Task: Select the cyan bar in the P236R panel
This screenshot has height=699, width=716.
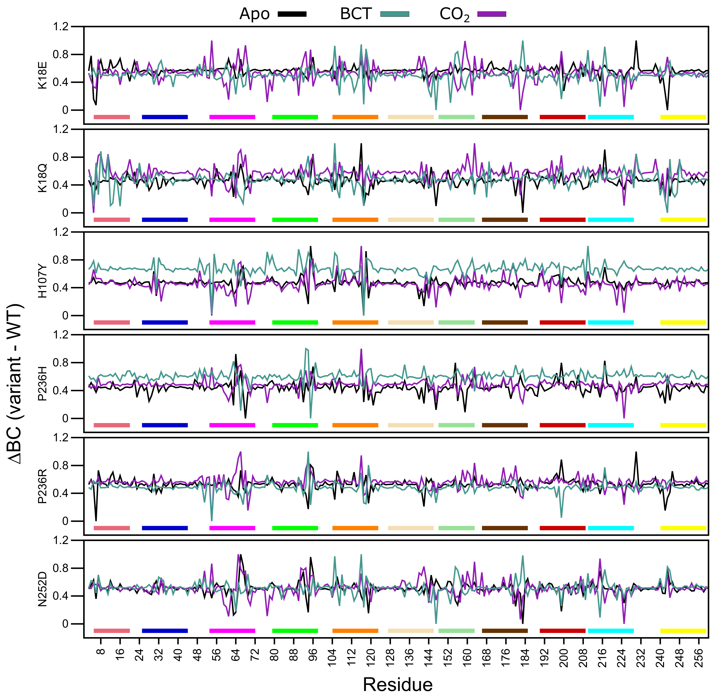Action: point(611,528)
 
